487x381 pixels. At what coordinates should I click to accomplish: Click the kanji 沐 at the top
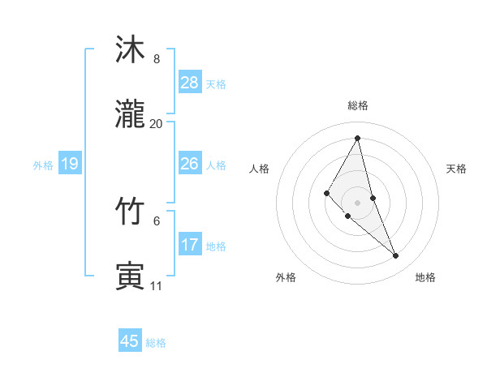131,50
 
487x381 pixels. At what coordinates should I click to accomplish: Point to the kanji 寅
131,276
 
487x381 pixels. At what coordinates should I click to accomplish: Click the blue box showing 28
190,83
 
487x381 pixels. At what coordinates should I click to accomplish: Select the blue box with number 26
190,164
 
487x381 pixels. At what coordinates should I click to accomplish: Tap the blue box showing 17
190,245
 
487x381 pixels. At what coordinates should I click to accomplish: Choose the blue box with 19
70,165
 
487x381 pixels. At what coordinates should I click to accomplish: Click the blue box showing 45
130,341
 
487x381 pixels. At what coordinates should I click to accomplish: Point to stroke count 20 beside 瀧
156,124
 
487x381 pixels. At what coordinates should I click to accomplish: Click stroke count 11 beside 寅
156,286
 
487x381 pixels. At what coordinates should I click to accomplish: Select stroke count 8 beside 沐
156,59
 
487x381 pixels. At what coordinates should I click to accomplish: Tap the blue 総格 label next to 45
156,343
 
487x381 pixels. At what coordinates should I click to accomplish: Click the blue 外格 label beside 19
43,165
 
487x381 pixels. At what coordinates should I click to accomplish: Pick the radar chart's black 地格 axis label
425,278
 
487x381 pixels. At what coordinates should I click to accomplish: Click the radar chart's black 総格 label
358,106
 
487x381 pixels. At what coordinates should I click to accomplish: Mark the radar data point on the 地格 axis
396,256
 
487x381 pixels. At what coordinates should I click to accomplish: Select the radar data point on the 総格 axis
358,138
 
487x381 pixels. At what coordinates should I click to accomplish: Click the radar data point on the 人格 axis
327,193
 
